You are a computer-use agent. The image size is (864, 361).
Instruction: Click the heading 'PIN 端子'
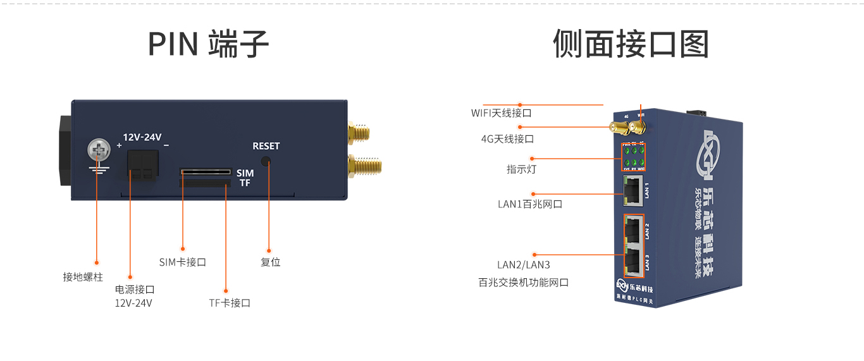[x=208, y=44]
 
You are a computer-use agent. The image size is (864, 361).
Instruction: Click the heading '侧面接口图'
[x=631, y=44]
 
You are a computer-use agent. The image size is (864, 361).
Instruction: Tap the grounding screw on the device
[x=97, y=152]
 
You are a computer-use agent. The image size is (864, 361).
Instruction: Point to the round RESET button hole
[x=266, y=161]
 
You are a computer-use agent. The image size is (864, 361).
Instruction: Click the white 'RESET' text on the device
[x=266, y=146]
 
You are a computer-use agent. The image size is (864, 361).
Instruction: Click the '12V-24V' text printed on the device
[x=142, y=137]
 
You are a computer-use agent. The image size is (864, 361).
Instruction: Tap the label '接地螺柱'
[x=82, y=277]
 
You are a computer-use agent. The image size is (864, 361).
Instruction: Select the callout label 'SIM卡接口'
[x=183, y=262]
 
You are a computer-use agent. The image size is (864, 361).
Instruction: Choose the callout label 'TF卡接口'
[x=230, y=303]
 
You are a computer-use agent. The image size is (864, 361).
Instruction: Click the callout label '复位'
[x=270, y=262]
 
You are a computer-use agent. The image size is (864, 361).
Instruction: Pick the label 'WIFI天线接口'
[x=501, y=113]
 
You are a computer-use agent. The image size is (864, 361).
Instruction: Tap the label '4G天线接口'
[x=507, y=138]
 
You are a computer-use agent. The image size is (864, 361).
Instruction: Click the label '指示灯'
[x=521, y=169]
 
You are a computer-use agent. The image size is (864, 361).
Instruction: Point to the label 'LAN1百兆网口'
[x=530, y=204]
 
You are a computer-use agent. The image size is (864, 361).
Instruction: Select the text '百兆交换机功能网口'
[x=523, y=283]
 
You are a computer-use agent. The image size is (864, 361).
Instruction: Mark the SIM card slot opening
[x=206, y=171]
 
